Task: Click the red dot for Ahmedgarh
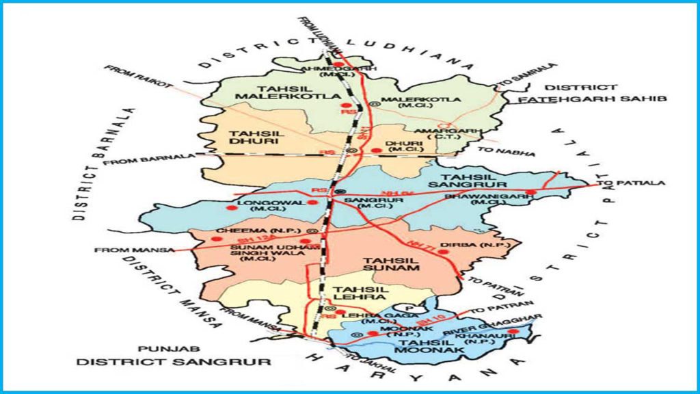point(337,64)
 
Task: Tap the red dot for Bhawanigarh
point(530,192)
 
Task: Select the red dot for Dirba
point(442,252)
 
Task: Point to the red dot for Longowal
point(312,202)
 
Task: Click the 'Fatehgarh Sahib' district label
point(592,99)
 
